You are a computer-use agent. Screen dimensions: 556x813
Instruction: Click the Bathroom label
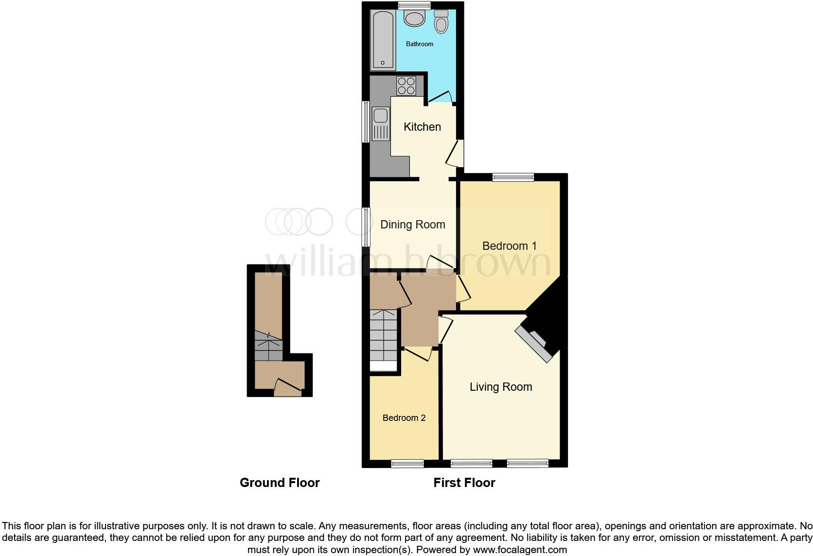point(419,44)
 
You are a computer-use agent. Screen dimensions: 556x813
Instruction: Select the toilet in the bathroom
point(441,21)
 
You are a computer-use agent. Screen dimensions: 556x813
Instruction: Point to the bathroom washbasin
point(414,19)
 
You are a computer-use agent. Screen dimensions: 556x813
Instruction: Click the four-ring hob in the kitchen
point(406,86)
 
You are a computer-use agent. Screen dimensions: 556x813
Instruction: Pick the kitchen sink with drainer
point(381,124)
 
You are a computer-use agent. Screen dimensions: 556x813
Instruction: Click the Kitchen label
point(422,127)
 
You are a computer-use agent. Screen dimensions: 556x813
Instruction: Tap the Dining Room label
point(412,225)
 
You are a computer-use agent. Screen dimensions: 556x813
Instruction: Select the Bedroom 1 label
point(509,246)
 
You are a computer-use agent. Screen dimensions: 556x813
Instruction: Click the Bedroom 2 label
point(404,418)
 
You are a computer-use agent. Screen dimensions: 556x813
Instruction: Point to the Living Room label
point(500,387)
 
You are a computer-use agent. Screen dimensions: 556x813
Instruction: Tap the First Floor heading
point(464,483)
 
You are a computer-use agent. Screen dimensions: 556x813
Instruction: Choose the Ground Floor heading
point(280,483)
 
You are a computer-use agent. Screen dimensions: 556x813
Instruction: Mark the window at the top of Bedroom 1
point(513,177)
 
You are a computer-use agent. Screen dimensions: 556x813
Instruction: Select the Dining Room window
point(366,226)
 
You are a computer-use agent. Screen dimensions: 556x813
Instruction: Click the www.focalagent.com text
point(520,550)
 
